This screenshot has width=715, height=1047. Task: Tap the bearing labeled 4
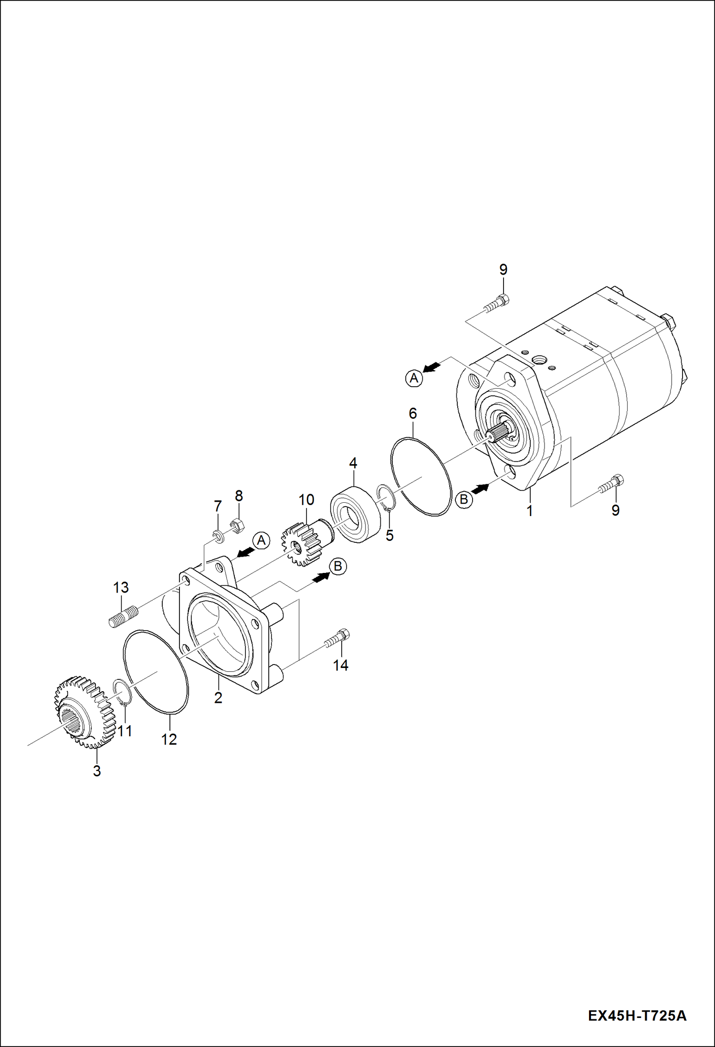coord(356,514)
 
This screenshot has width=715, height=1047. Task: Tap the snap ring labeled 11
coord(122,692)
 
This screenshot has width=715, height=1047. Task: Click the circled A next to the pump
coord(414,378)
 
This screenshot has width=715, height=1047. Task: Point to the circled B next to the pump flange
coord(463,500)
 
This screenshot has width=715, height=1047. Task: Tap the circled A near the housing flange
coord(261,541)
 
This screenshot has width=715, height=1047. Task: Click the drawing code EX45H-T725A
coord(637,1015)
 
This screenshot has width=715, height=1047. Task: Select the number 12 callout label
coord(169,739)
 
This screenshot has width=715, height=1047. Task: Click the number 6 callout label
coord(413,413)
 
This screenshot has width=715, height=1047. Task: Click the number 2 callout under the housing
coord(218,698)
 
